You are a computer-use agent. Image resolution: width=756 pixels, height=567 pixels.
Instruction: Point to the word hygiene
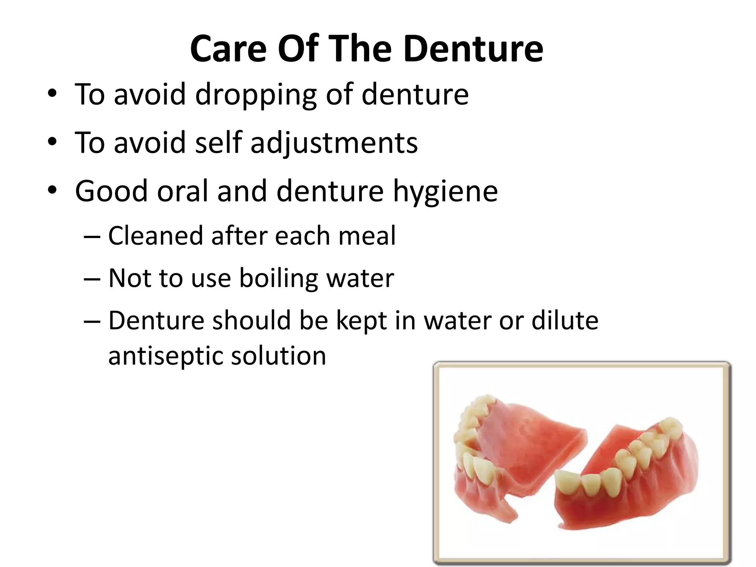tap(445, 192)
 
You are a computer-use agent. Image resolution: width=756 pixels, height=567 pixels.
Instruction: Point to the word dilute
tap(565, 320)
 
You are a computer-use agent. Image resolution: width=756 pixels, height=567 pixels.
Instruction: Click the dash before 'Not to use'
tap(92, 279)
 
